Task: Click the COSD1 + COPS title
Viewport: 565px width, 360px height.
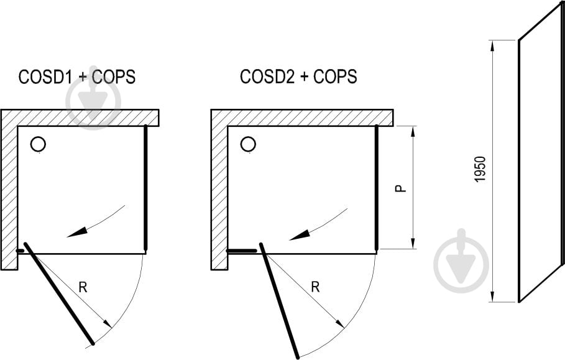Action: (x=77, y=77)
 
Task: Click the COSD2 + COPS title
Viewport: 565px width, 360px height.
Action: (x=298, y=76)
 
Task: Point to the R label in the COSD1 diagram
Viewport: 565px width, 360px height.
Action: (x=83, y=287)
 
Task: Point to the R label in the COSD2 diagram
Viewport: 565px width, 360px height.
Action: (x=315, y=287)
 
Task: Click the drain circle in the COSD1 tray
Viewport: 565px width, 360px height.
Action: (x=38, y=145)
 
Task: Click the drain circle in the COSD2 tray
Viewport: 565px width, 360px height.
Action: (x=248, y=145)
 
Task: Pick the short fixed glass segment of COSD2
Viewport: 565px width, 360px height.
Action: (x=242, y=251)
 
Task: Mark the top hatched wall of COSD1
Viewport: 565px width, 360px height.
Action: (x=87, y=118)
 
